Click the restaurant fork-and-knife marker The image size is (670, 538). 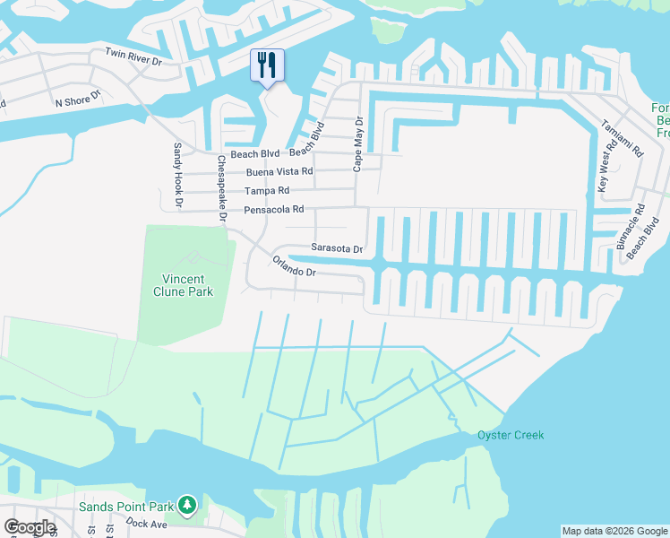267,66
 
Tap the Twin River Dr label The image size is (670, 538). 133,56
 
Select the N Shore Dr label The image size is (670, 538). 78,100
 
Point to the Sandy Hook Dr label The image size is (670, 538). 177,176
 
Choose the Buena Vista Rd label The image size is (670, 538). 282,171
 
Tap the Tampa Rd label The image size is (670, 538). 267,191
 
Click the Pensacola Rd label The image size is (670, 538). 274,210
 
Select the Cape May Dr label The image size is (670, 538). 357,143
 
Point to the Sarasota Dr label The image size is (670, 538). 337,248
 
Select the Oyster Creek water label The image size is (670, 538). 510,436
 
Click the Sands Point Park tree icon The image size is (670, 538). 187,506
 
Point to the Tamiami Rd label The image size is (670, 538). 622,139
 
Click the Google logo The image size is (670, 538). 30,527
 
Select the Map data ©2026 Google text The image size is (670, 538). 614,531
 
